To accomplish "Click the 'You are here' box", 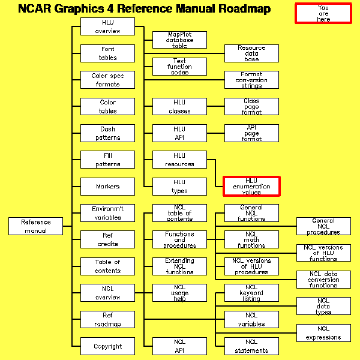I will click(323, 13).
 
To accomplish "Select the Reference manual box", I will click(36, 226).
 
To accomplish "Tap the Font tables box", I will click(108, 53).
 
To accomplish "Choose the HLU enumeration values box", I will click(251, 186).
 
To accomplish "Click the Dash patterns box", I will click(108, 133).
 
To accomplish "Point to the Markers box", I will click(108, 187).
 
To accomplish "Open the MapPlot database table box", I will click(179, 40).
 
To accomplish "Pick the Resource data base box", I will click(251, 53).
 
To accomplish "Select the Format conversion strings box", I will click(251, 80).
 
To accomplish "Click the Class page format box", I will click(251, 107).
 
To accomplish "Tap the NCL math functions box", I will click(251, 239).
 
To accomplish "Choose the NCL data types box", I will click(323, 306).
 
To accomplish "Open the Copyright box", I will click(108, 346).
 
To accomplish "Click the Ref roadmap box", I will click(108, 320).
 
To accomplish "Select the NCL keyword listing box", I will click(251, 293).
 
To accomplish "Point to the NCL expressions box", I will click(323, 333).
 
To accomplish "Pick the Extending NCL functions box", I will click(179, 266).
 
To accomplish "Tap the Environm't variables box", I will click(108, 213).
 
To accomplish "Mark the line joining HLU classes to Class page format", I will click(215, 107).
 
